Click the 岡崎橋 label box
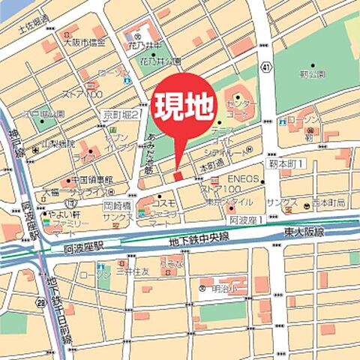coord(118,204)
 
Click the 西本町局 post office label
coord(329,204)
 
